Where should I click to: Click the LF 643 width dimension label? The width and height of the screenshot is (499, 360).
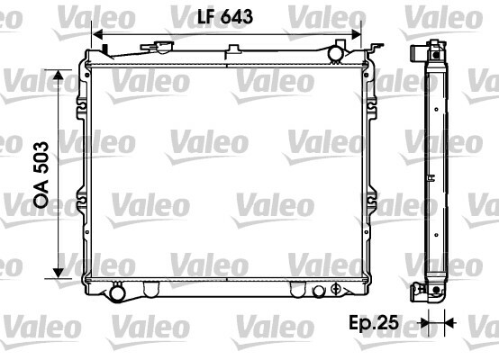point(225,16)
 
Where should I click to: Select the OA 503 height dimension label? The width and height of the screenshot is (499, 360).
point(41,175)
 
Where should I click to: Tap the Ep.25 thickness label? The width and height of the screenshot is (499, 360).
point(374,323)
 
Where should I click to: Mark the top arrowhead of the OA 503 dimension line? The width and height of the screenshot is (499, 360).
point(59,75)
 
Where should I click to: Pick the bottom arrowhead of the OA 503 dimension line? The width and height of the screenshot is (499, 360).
point(59,273)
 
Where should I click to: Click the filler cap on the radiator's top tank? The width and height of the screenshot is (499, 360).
point(157,47)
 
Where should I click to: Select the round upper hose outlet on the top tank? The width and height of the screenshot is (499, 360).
point(335,53)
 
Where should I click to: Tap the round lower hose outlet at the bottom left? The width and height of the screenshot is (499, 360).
point(117,292)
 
